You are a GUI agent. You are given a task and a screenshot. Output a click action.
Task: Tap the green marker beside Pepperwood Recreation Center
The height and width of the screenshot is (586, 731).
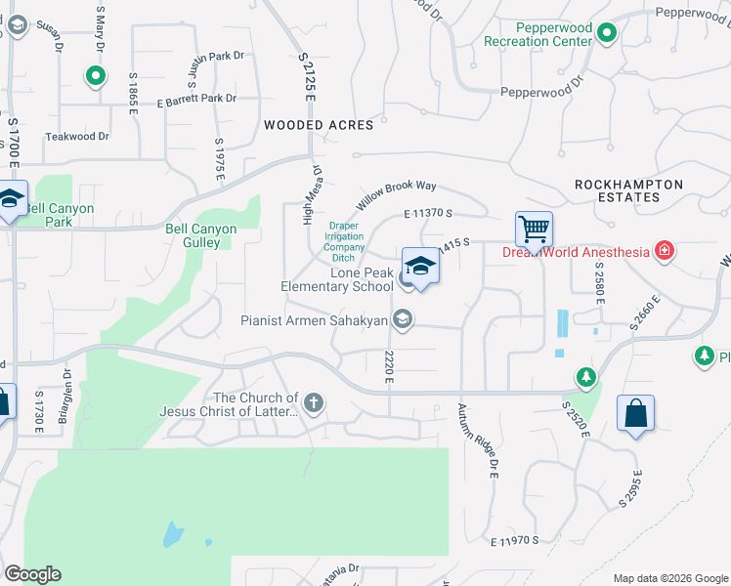click(607, 35)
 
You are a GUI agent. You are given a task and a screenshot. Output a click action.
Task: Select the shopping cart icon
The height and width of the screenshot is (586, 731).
click(534, 230)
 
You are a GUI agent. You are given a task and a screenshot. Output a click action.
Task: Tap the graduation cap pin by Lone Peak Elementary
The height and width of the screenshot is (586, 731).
click(420, 267)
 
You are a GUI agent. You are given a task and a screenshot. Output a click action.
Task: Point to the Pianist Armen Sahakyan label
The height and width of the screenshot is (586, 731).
click(316, 319)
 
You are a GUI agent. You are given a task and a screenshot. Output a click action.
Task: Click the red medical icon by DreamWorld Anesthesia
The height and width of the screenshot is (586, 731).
click(665, 251)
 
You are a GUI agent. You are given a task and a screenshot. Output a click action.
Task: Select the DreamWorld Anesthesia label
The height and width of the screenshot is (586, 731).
click(576, 252)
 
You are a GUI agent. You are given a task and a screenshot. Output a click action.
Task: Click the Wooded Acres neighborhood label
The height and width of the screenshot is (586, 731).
click(319, 125)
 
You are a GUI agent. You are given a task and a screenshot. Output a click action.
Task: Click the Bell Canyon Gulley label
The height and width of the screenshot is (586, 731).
click(200, 235)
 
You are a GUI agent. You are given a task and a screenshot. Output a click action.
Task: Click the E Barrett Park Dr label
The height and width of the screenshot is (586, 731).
click(195, 99)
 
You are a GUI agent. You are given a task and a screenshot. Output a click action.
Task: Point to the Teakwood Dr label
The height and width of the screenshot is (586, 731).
click(78, 137)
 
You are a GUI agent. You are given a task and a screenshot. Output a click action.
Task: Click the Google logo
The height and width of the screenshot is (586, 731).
click(32, 573)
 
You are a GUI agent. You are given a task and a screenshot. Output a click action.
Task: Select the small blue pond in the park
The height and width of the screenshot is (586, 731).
click(172, 533)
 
